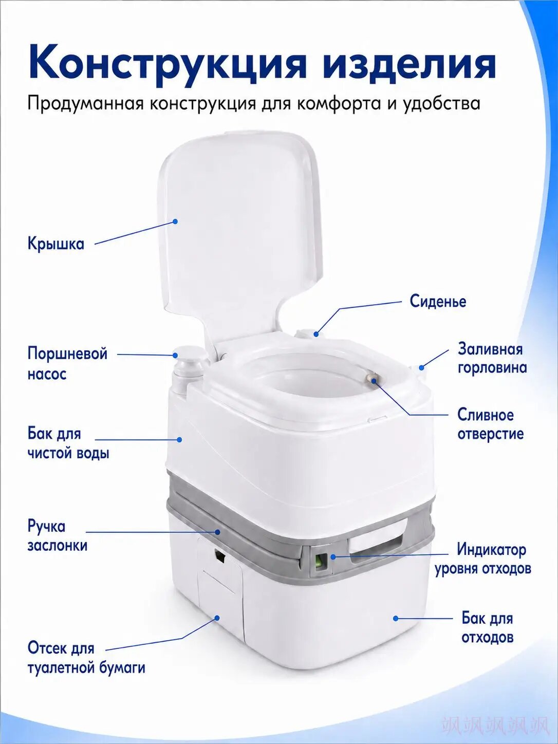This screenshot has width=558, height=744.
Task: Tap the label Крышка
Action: click(56, 244)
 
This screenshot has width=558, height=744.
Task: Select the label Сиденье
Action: click(438, 301)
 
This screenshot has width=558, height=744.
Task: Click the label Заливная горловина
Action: click(492, 358)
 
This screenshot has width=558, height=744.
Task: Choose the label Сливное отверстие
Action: click(490, 424)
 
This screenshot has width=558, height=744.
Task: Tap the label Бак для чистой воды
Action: click(68, 443)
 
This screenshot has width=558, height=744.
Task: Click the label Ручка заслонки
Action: click(58, 536)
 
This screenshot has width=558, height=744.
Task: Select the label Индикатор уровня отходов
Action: click(483, 559)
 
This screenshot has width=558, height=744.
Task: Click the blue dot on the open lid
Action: click(175, 221)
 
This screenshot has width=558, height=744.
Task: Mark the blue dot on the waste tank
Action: click(395, 618)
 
